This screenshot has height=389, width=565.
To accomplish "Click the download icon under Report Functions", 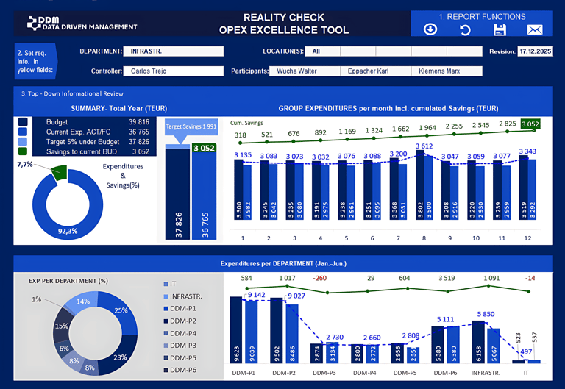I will [x=430, y=29].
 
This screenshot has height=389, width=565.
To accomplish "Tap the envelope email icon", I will [x=535, y=29].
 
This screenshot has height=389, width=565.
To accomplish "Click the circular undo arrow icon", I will [x=465, y=29].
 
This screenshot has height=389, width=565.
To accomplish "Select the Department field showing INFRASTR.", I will [x=175, y=51].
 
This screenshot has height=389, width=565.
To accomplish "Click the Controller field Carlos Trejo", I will [x=175, y=71].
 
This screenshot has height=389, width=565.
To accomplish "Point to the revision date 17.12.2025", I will [x=535, y=51].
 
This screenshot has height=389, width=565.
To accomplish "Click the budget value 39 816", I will [x=138, y=122].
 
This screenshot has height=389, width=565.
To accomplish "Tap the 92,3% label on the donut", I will [x=68, y=231].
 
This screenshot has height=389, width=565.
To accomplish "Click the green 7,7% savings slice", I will [x=58, y=174].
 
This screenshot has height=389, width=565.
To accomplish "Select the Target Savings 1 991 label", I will [x=191, y=127].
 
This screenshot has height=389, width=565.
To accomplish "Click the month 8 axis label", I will [x=424, y=238].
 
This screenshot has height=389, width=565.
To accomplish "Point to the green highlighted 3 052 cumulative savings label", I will [x=530, y=124].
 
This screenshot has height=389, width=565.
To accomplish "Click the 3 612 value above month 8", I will [x=424, y=146].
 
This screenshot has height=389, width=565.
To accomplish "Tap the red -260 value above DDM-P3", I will [x=319, y=279].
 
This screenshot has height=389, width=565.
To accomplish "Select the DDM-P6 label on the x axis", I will [x=447, y=372].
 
